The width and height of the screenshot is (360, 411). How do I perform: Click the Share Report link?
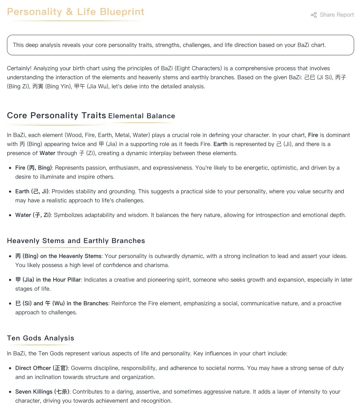[x=336, y=15]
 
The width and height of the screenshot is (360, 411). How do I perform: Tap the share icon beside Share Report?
[x=314, y=15]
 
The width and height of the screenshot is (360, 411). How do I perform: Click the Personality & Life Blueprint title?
[x=75, y=12]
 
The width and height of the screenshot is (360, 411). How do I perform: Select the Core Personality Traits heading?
[x=56, y=115]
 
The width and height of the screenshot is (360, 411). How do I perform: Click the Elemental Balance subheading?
[x=142, y=116]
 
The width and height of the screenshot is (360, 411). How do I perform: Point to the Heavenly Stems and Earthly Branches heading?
[x=76, y=241]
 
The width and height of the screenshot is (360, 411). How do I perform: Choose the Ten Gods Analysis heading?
[x=40, y=338]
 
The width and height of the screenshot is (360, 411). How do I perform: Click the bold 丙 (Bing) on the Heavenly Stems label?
[x=58, y=256]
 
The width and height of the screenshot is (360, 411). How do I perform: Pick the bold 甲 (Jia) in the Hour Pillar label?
[x=48, y=280]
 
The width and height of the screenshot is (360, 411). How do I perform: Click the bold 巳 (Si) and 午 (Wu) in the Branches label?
[x=62, y=303]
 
